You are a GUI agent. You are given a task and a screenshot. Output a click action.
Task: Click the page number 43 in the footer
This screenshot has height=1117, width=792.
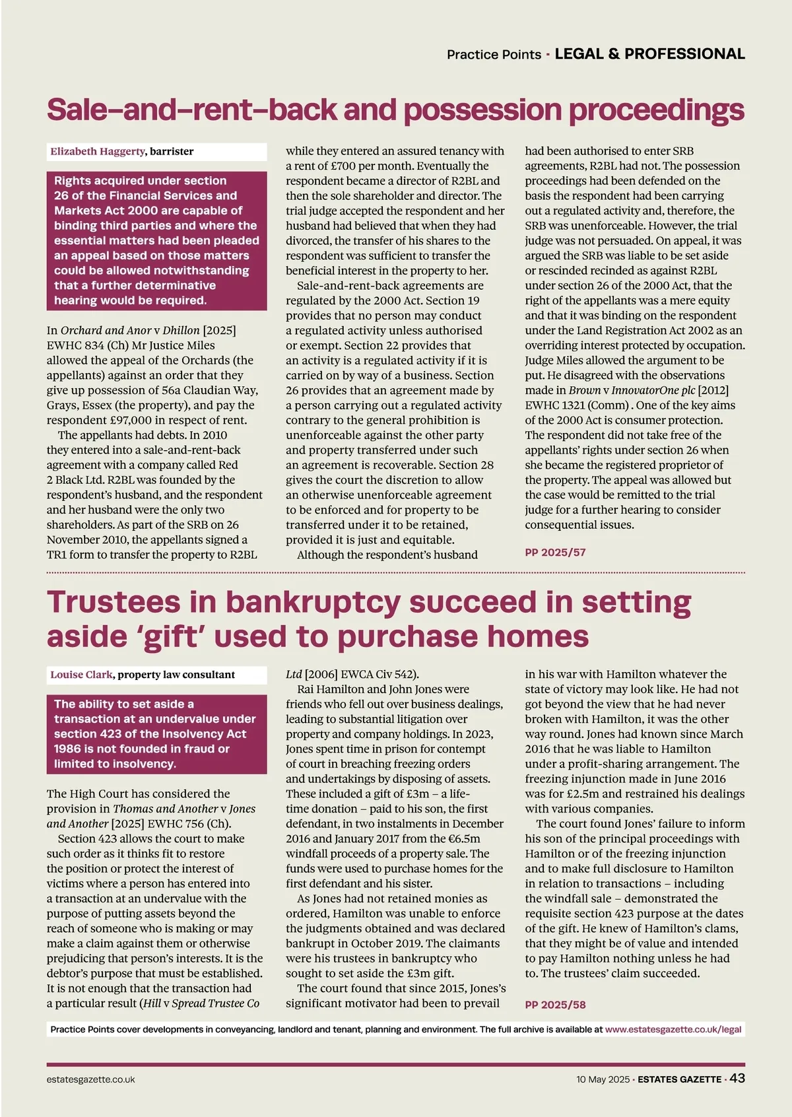click(x=737, y=1079)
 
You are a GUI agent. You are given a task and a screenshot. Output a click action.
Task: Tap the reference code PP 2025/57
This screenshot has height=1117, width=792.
click(x=555, y=553)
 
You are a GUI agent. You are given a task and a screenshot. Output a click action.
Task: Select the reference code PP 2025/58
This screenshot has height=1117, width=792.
click(x=555, y=1005)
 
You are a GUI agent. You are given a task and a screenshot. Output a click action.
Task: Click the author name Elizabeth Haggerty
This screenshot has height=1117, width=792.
click(x=98, y=151)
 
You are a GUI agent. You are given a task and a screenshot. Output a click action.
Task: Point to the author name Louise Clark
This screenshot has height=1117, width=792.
click(x=81, y=675)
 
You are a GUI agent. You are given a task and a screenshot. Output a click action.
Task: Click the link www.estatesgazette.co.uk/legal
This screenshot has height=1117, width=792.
click(x=673, y=1029)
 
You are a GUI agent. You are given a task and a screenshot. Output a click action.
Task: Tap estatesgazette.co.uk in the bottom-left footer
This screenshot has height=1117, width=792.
click(x=91, y=1079)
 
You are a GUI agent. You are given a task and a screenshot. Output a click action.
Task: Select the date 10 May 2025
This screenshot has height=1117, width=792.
click(x=603, y=1079)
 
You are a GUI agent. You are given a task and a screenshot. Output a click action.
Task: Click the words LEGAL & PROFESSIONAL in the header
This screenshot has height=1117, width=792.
click(x=649, y=54)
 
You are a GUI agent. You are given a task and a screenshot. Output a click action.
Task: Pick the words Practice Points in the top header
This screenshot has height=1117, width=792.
click(x=494, y=55)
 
